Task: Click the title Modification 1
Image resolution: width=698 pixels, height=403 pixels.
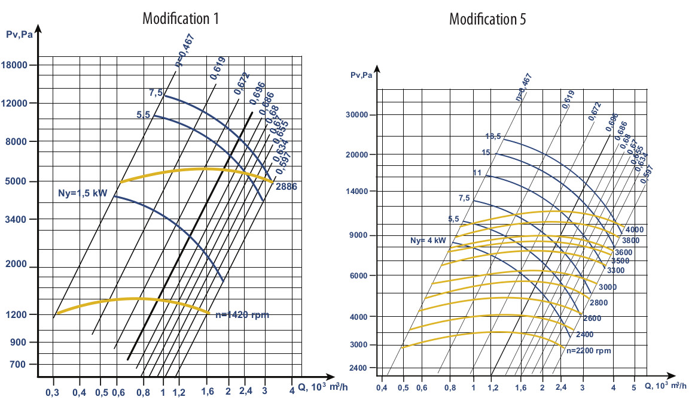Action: (x=181, y=19)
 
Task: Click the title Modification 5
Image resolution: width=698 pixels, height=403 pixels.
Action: (x=487, y=19)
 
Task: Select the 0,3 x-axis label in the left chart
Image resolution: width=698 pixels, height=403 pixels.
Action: (x=53, y=393)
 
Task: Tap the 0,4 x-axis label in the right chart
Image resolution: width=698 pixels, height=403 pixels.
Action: (x=382, y=389)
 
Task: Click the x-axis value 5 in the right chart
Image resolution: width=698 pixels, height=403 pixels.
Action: (x=633, y=389)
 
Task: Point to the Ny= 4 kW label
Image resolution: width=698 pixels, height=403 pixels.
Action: (x=428, y=241)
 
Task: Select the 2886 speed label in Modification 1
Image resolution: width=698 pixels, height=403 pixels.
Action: (x=286, y=187)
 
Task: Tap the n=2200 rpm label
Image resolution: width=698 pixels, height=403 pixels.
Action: (x=589, y=350)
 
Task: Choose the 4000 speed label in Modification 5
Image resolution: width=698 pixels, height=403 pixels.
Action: (x=635, y=230)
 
